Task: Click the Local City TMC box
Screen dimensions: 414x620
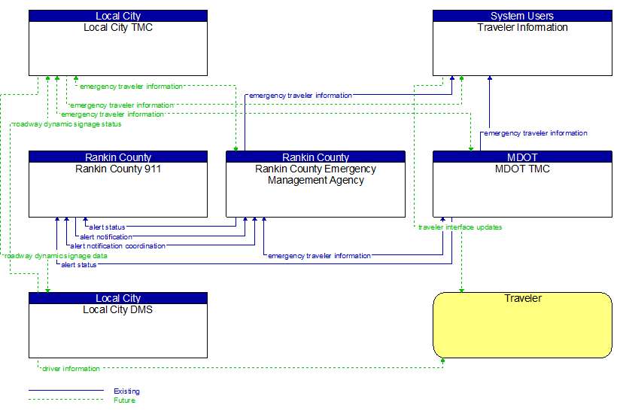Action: (x=118, y=48)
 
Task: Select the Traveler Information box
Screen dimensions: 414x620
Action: (x=522, y=48)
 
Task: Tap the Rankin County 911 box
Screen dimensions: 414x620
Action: (x=118, y=189)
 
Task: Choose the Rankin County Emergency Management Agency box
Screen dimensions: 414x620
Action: (x=315, y=189)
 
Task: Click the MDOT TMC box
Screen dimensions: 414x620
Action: (x=522, y=189)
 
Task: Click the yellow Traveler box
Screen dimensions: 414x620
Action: (x=522, y=328)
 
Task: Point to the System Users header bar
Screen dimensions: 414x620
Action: (x=522, y=16)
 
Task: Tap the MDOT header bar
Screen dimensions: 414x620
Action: (x=522, y=157)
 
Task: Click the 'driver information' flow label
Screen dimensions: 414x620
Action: (x=71, y=369)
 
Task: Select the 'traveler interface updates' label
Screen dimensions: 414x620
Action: (x=460, y=227)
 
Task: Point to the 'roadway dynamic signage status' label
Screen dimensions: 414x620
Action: (x=67, y=124)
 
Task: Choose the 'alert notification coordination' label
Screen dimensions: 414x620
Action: (x=117, y=246)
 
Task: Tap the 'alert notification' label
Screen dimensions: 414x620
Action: (x=106, y=237)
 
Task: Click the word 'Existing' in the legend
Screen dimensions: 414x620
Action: (x=126, y=391)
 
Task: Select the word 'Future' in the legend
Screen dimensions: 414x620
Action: (x=125, y=400)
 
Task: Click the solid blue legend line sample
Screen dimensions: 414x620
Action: (x=66, y=391)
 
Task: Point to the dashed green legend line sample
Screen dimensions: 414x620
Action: (x=66, y=400)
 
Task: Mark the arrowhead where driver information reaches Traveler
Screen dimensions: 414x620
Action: (x=443, y=361)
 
